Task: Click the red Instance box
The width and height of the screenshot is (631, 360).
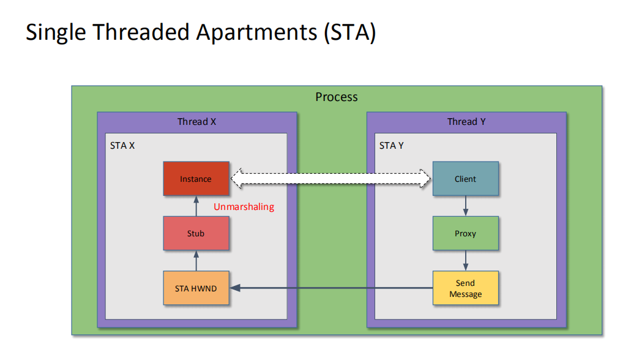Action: click(x=196, y=179)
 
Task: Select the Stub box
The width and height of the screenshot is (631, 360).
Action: click(x=196, y=233)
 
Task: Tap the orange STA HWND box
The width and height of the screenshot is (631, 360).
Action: click(x=196, y=288)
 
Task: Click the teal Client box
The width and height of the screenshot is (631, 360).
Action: click(x=465, y=179)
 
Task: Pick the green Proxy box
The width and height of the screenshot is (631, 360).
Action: click(x=465, y=233)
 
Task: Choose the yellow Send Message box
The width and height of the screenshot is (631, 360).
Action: click(x=465, y=288)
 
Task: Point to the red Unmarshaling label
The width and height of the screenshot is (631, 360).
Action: click(x=244, y=207)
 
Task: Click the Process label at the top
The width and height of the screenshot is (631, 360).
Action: click(x=337, y=97)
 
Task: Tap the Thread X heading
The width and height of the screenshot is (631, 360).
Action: click(x=196, y=122)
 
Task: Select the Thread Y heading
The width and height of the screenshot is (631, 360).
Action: click(x=466, y=122)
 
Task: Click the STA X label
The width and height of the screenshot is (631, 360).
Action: click(x=122, y=146)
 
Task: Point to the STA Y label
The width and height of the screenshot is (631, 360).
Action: click(x=392, y=146)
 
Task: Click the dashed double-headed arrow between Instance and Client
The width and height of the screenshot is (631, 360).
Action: click(x=331, y=178)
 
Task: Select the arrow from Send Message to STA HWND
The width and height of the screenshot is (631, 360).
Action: click(x=330, y=288)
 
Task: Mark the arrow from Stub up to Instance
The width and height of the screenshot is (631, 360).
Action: click(x=196, y=206)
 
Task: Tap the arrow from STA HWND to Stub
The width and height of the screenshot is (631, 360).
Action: click(x=196, y=260)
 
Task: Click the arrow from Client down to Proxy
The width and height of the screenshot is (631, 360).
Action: click(x=466, y=206)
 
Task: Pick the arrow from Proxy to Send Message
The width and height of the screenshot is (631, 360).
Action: click(x=466, y=260)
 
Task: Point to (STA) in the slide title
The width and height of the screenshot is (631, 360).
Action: click(x=349, y=32)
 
